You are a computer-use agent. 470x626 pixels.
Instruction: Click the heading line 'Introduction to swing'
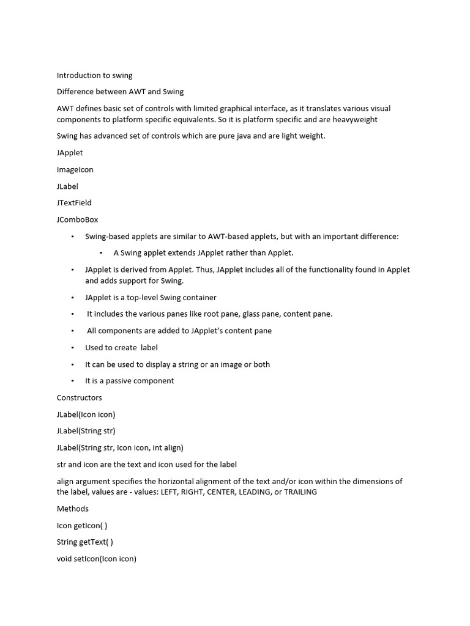coord(94,75)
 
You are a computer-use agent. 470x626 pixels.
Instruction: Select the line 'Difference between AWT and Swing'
coord(120,92)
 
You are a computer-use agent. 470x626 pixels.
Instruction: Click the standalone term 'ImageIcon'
coord(75,169)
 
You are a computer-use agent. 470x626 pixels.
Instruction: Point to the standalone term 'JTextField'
coord(74,202)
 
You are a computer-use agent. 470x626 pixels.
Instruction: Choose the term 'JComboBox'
coord(77,219)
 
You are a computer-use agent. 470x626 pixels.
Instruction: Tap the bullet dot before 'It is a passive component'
coord(72,381)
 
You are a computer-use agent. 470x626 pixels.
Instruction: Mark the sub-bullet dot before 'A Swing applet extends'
coord(101,253)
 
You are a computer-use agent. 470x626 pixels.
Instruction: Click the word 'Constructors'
coord(80,397)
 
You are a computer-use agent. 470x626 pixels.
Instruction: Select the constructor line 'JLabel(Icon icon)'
coord(86,414)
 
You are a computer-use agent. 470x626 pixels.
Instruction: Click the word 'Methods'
coord(72,509)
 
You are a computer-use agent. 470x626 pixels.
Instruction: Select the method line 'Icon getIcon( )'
coord(82,525)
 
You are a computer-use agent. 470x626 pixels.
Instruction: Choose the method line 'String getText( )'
coord(85,542)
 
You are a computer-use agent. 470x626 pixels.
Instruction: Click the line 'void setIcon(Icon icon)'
coord(97,558)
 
